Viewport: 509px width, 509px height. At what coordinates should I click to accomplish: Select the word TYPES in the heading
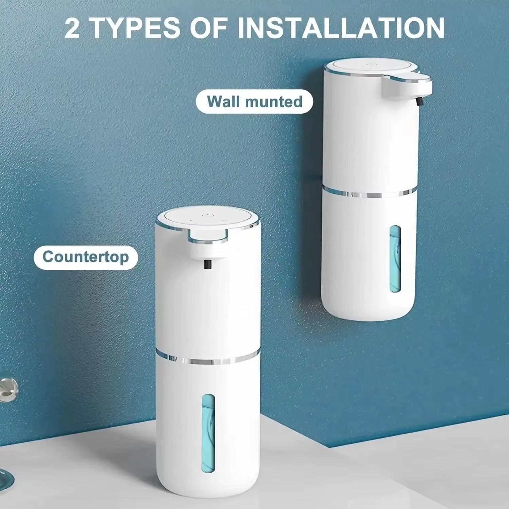click(x=136, y=29)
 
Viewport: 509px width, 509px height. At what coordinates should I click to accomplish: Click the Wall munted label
click(x=254, y=101)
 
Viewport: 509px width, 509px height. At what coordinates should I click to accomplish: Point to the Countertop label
click(x=86, y=257)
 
